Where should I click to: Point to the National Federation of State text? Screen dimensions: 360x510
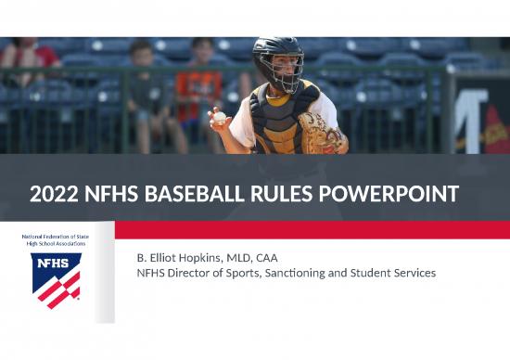pyautogui.click(x=56, y=238)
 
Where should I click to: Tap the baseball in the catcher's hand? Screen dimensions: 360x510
pyautogui.click(x=219, y=118)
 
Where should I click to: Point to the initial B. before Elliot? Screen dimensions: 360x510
pyautogui.click(x=142, y=257)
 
